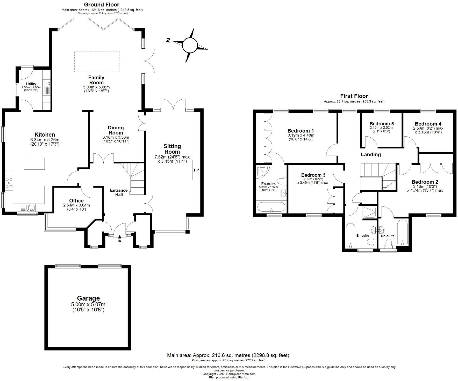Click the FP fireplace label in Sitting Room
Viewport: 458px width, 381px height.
point(196,170)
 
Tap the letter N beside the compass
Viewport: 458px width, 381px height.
point(168,40)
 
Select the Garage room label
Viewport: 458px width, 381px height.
point(88,298)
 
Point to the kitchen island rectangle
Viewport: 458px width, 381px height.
point(34,164)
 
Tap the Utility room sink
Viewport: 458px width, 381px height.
point(47,84)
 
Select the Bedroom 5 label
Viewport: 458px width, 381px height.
point(382,124)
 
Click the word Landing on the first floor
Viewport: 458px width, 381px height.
point(371,154)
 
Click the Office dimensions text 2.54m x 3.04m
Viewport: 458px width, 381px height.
point(76,205)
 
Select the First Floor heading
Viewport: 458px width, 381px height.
point(354,96)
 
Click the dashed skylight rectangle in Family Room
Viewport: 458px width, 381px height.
point(97,61)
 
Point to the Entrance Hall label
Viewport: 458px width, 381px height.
point(119,192)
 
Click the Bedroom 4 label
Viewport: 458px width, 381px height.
point(428,124)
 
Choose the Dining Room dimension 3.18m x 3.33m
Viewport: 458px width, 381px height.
point(116,137)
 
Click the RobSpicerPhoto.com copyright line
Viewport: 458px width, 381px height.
point(229,374)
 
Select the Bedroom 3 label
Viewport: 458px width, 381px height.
point(313,175)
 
